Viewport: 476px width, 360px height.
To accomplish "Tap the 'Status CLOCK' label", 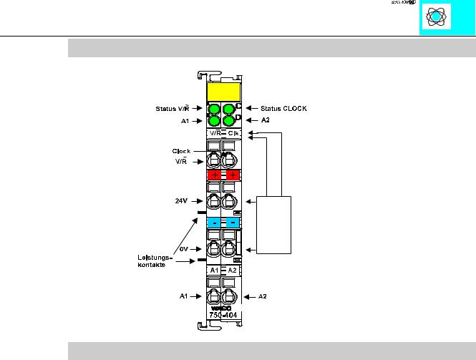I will tap(286, 109).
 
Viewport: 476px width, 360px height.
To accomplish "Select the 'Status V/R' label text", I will tap(172, 109).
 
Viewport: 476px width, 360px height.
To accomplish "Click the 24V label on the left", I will tap(182, 201).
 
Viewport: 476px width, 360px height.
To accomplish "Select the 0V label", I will tap(183, 249).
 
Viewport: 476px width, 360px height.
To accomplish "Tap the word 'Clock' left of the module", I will tap(181, 151).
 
